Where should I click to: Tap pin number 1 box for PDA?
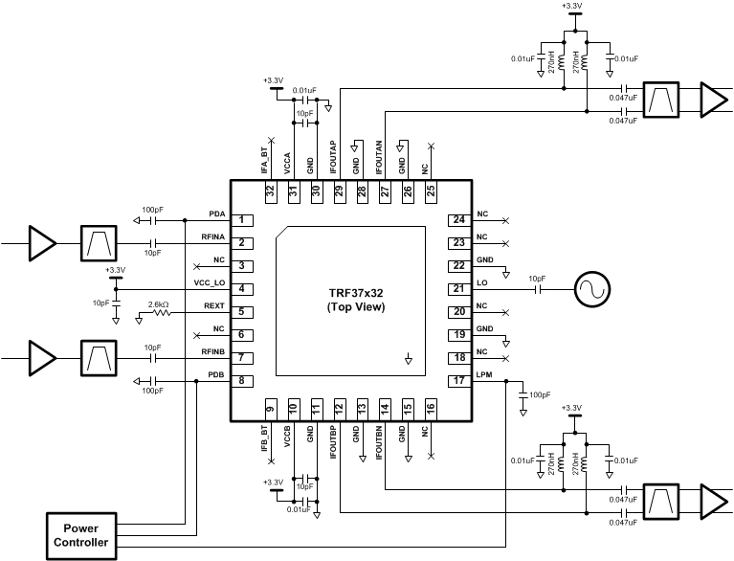(245, 220)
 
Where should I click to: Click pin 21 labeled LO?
(458, 288)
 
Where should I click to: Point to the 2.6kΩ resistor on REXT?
(159, 311)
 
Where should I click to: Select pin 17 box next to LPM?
(458, 380)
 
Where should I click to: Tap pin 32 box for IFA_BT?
(270, 191)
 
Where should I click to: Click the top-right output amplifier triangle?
(714, 98)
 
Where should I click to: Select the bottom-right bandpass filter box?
(660, 500)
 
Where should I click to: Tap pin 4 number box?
(245, 288)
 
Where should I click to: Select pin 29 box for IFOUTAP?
(339, 191)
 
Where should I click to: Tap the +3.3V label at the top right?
(572, 6)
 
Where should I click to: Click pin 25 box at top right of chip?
(431, 191)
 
